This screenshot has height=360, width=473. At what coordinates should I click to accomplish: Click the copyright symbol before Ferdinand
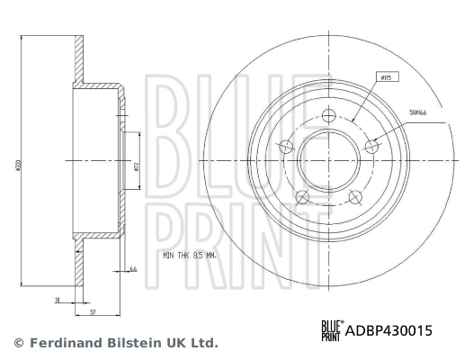tap(18, 343)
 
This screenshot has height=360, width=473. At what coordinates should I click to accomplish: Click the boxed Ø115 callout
tap(386, 78)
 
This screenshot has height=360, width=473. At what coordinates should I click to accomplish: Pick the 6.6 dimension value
tap(133, 269)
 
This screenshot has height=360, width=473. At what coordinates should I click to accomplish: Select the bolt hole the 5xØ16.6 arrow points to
tap(370, 145)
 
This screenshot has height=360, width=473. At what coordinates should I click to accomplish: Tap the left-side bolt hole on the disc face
tap(287, 147)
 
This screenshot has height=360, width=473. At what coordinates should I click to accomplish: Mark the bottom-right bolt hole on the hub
tap(354, 196)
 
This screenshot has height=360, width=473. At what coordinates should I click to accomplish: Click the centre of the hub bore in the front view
tap(328, 161)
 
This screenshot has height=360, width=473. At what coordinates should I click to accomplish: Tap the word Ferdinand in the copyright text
tap(67, 343)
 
